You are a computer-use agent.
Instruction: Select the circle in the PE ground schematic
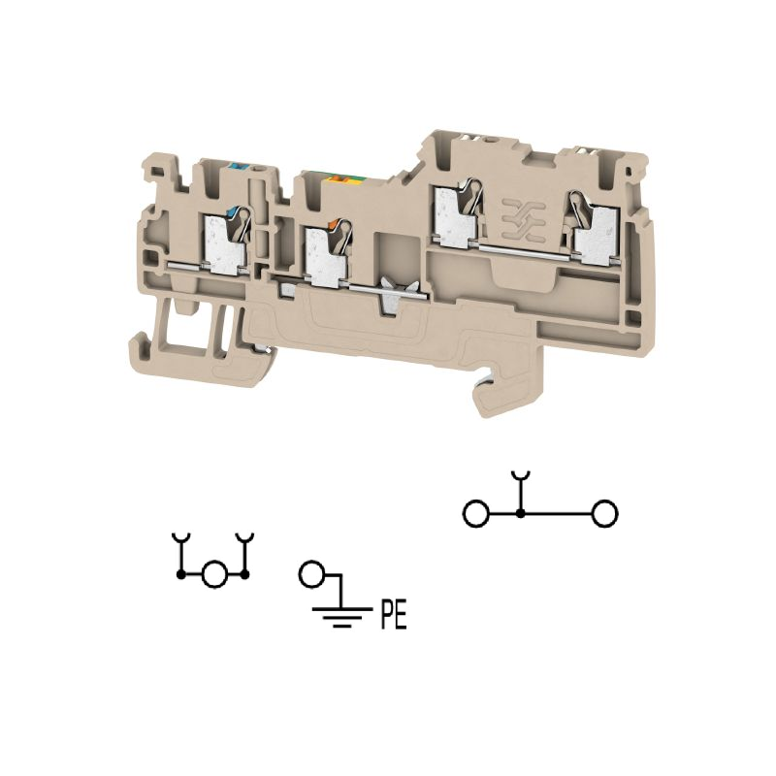coord(311,574)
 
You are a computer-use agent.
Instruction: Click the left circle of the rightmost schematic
coord(476,513)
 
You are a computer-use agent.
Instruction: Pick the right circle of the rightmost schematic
coord(604,513)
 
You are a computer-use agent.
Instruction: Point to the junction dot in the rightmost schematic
coord(520,513)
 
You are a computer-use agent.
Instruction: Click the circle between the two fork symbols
coord(214,574)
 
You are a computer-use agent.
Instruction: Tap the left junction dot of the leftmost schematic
coord(181,574)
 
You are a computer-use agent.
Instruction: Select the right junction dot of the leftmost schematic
coord(244,574)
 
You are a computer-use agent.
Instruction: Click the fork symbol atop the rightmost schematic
coord(520,477)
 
